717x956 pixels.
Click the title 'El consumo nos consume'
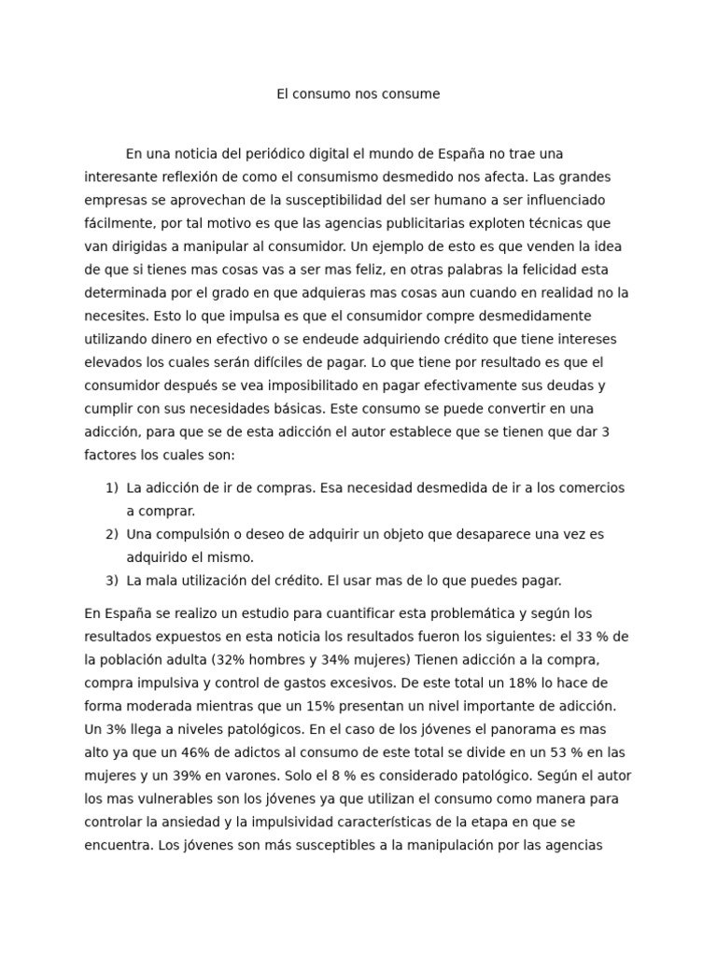[358, 94]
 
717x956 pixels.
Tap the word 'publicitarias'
[423, 223]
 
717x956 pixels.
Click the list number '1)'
[111, 488]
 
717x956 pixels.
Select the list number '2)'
[111, 535]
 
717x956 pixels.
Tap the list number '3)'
[111, 581]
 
